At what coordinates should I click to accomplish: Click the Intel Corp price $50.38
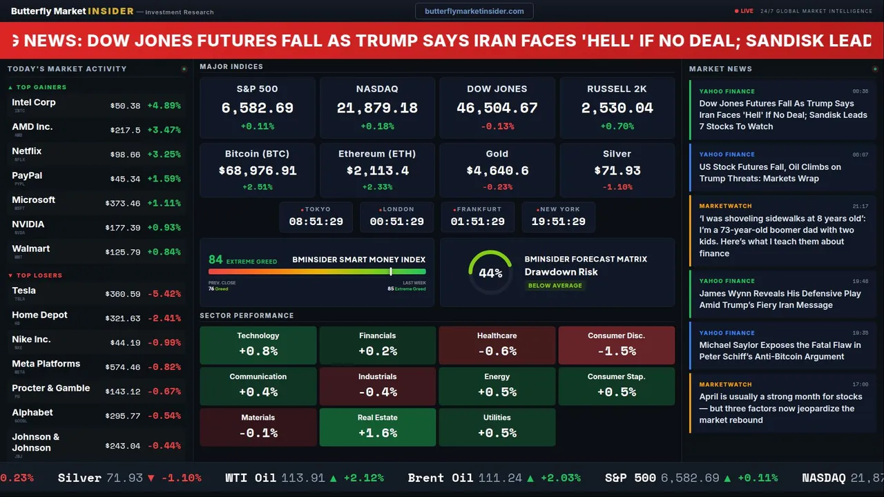point(125,106)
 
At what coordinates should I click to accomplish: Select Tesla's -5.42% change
point(164,294)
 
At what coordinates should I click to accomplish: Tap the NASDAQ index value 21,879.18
point(377,108)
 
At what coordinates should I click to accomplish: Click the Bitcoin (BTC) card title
point(257,154)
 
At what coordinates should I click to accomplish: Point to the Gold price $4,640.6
point(497,170)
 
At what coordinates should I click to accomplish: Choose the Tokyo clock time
point(316,222)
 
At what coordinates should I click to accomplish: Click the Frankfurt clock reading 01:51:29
point(478,222)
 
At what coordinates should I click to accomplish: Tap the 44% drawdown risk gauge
point(490,273)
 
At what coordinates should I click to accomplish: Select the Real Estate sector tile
point(377,427)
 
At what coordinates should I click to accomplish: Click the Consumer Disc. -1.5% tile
point(616,345)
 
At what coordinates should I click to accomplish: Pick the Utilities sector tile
point(497,427)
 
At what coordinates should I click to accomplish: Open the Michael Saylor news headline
point(780,351)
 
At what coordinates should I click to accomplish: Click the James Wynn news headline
point(780,299)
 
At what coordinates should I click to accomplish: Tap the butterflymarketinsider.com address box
point(474,11)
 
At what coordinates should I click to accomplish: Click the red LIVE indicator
point(744,11)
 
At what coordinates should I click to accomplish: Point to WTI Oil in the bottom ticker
point(251,478)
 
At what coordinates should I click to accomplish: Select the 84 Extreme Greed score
point(216,260)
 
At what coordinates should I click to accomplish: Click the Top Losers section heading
point(39,275)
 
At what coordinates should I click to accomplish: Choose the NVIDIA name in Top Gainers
point(28,224)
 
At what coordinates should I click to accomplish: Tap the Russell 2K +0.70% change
point(617,126)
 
